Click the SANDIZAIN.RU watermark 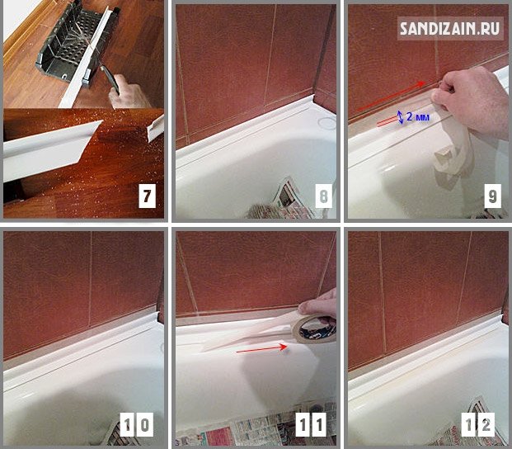point(450,28)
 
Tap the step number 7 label point(147,196)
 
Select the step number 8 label point(323,196)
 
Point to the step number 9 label point(492,196)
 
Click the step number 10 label point(137,424)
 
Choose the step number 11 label point(312,424)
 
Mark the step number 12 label point(477,424)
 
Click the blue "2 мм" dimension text point(418,116)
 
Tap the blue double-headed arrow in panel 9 point(401,117)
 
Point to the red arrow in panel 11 point(261,348)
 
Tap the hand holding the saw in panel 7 point(129,92)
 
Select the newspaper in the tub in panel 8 point(288,200)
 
